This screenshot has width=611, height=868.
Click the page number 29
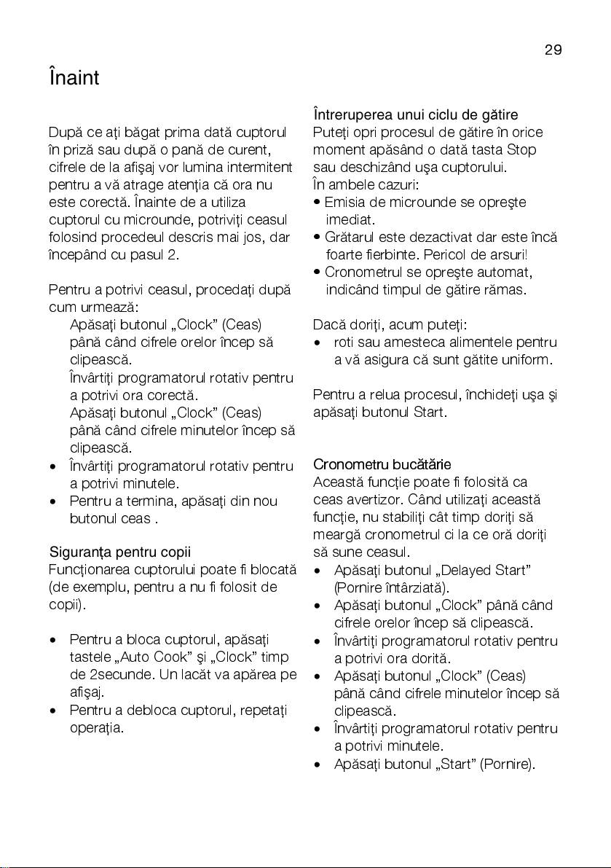[553, 50]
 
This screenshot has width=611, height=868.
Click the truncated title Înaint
[74, 77]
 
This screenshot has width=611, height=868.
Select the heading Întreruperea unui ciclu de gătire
[425, 115]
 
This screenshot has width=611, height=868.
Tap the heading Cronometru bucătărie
[382, 464]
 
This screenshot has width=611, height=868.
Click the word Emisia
[343, 202]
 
